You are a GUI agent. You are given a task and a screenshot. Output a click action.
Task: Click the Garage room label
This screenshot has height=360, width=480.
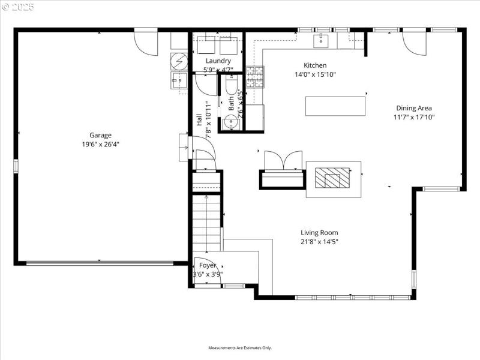tap(101, 135)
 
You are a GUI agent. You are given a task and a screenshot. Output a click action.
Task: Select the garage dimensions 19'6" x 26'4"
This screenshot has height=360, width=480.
tap(101, 144)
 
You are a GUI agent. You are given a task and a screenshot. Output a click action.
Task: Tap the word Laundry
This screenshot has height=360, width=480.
tap(218, 61)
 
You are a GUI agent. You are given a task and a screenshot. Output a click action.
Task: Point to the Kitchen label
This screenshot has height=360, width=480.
tap(315, 65)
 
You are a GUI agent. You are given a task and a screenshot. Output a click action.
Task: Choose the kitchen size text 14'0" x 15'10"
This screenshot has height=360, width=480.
tap(315, 75)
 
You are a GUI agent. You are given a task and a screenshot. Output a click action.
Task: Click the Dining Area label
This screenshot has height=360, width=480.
tap(413, 108)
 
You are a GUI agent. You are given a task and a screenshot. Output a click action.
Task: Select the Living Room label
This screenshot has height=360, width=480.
tap(319, 233)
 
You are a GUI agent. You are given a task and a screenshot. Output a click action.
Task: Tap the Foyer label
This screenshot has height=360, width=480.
tap(208, 265)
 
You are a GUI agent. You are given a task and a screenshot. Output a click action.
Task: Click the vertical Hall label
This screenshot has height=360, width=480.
tap(199, 119)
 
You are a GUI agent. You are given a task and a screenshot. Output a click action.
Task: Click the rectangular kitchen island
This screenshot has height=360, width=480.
tap(335, 106)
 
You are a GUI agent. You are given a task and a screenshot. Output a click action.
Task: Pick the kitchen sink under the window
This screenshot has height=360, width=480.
tap(321, 41)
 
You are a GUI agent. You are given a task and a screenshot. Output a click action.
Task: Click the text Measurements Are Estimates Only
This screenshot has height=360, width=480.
tap(240, 348)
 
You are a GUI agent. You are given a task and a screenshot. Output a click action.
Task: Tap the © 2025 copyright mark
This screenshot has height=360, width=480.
tap(18, 8)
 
